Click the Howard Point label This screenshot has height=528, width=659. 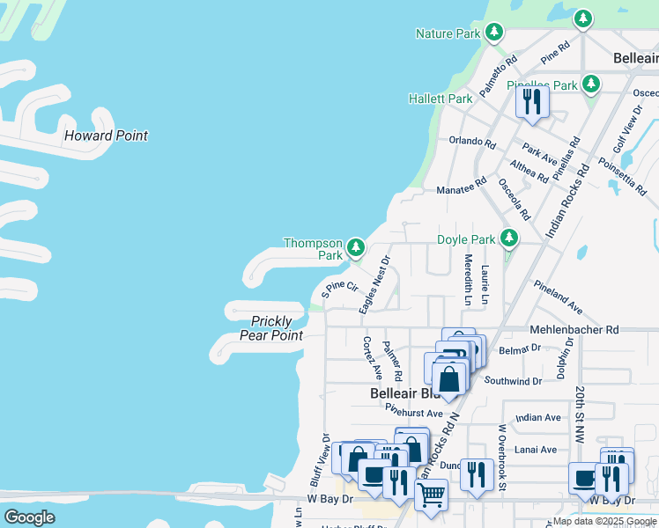(106, 136)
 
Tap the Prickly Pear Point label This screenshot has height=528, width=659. (271, 328)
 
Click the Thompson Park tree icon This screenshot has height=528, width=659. (355, 246)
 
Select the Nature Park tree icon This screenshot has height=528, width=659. (494, 33)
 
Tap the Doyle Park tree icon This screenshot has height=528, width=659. (508, 238)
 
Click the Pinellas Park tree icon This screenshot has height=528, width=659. (591, 84)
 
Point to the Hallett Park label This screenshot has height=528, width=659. (441, 99)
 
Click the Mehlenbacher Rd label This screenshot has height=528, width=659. (574, 329)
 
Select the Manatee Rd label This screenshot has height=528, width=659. (462, 189)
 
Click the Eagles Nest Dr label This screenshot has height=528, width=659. (374, 284)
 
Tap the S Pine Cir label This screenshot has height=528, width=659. (339, 287)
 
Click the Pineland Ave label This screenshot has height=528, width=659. (559, 297)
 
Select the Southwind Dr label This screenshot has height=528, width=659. (513, 381)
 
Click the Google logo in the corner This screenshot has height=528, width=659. (29, 517)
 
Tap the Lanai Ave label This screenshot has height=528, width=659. (537, 449)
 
